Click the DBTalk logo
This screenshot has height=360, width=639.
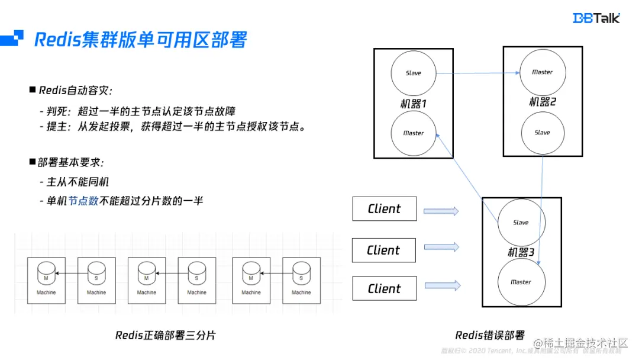[596, 18]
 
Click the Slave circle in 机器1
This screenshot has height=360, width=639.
[414, 73]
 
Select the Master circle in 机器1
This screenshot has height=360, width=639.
[414, 133]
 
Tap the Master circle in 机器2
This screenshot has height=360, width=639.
[542, 72]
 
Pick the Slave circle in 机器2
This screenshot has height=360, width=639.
[542, 132]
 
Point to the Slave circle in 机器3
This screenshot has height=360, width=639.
[521, 222]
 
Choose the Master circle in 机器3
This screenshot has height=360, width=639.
[521, 282]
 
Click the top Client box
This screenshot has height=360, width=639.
[384, 209]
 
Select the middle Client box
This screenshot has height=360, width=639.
[383, 250]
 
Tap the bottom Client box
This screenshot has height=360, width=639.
[384, 289]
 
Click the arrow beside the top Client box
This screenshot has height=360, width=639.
[441, 210]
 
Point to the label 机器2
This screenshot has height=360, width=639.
[543, 102]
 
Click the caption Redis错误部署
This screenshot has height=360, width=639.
[490, 335]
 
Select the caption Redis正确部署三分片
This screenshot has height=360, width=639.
[165, 335]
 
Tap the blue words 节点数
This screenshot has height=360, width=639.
[83, 201]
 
